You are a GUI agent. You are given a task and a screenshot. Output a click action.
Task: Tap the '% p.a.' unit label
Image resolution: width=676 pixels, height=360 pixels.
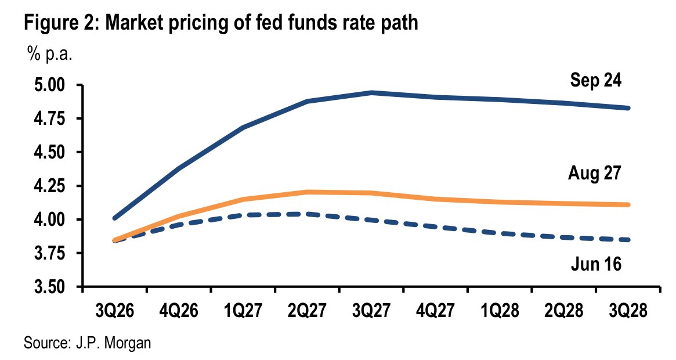[50, 55]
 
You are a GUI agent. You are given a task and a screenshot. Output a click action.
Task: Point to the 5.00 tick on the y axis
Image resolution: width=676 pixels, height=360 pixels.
[55, 85]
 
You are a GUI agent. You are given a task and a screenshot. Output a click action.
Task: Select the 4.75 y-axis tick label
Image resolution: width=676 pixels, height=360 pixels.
[55, 118]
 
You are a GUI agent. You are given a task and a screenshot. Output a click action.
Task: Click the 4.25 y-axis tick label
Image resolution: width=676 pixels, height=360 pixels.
[55, 186]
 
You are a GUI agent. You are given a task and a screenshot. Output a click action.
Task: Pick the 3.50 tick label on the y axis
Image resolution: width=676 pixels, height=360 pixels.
[55, 287]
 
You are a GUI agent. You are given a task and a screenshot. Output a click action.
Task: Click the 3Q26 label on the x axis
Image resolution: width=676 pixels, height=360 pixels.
[115, 311]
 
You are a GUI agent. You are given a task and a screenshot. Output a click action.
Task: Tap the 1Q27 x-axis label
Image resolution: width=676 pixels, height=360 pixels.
[243, 311]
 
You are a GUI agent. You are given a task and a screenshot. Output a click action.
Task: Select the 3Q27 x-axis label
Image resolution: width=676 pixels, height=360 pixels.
[371, 311]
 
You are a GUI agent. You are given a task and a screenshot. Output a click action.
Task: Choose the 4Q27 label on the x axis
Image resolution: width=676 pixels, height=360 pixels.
[435, 311]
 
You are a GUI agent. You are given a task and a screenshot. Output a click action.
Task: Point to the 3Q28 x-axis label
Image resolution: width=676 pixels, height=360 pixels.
[628, 311]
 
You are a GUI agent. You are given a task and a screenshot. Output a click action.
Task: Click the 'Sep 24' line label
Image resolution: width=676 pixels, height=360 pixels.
[596, 80]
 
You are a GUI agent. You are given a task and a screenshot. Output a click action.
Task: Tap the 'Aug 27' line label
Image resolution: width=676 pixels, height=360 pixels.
[595, 173]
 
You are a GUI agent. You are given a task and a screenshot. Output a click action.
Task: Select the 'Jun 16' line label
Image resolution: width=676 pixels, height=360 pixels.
[597, 264]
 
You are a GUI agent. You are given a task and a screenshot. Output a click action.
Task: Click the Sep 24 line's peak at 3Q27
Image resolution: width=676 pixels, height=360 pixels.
[371, 92]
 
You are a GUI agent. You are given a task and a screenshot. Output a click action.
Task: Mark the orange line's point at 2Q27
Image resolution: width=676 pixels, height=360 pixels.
[308, 192]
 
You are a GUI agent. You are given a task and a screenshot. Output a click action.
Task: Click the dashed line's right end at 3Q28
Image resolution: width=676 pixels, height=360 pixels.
[628, 240]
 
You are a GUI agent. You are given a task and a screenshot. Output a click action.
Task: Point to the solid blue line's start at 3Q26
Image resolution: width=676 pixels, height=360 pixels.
[115, 218]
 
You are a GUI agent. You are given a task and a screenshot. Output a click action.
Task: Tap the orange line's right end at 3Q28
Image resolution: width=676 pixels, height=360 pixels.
[628, 204]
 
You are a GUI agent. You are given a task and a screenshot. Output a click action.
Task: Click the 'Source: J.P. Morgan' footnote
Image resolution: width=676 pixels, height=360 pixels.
[88, 343]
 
